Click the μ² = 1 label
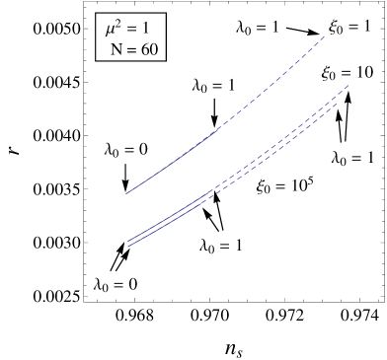pos(128,29)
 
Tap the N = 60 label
pos(134,48)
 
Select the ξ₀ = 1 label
pos(349,27)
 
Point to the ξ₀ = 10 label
pos(347,74)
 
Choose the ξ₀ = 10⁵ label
pos(285,185)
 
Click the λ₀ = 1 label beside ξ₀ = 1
pos(258,27)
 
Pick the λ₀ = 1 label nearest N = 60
pos(214,85)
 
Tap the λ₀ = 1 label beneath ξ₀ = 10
pos(352,157)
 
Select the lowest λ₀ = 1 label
pos(222,246)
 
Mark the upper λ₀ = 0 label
pos(126,149)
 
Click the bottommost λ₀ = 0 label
pos(116,284)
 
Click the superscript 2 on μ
pos(122,22)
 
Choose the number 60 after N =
pos(150,48)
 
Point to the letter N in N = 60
pos(116,48)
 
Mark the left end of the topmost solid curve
pos(127,193)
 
